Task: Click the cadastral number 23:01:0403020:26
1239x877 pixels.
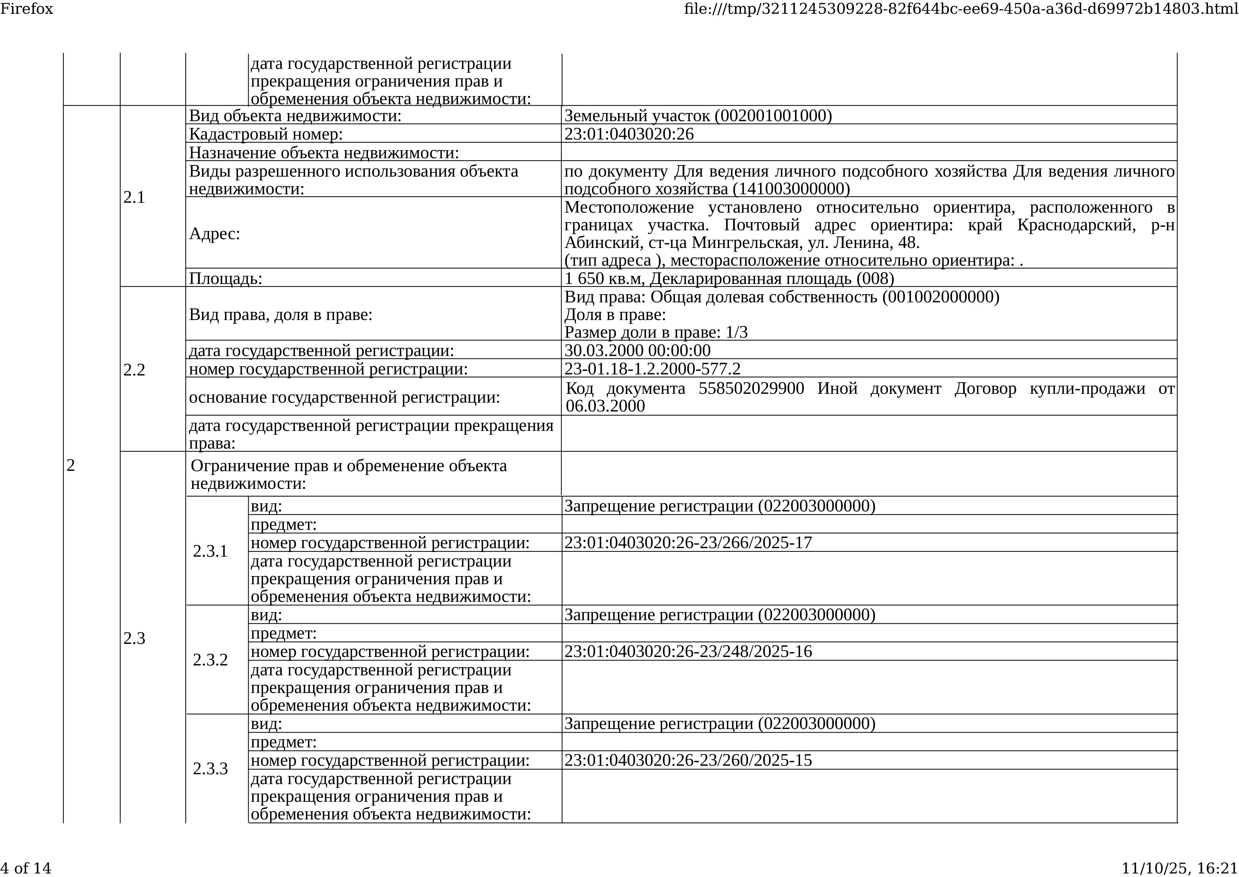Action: click(629, 134)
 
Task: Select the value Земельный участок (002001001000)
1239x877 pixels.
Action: click(698, 115)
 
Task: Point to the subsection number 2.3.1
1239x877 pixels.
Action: click(211, 551)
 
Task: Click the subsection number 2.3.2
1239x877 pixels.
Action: click(211, 660)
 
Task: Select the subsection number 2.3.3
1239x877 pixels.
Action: click(211, 769)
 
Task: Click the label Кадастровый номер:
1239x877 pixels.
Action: click(266, 134)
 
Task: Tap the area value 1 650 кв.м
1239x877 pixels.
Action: click(605, 279)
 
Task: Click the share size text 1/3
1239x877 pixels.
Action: click(736, 332)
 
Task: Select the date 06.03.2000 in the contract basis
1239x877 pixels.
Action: click(605, 406)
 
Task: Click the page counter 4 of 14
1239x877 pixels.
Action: click(26, 868)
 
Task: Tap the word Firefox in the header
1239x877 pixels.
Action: click(26, 8)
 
